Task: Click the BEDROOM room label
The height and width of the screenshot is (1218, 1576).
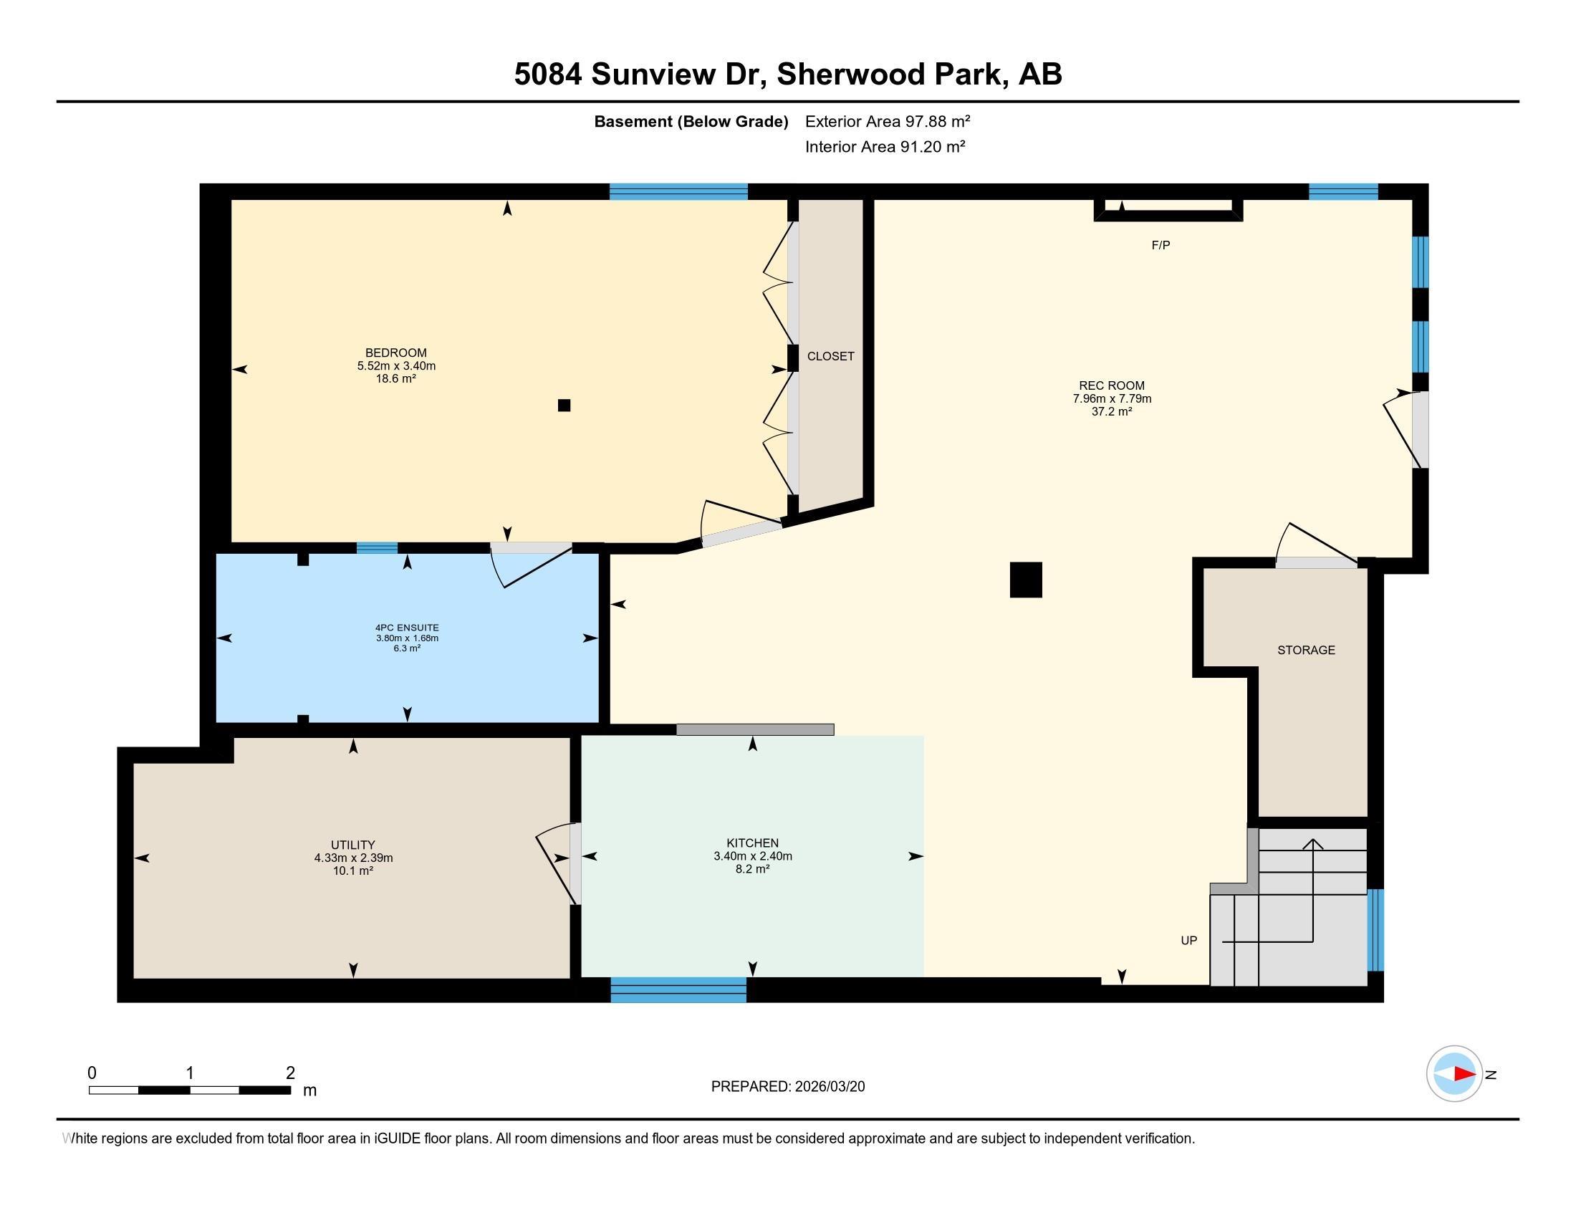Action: click(x=395, y=353)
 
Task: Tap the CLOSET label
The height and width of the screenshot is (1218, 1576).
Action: click(x=830, y=357)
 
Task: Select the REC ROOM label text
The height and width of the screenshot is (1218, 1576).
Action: click(x=1111, y=386)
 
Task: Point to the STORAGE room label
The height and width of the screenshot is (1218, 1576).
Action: click(x=1306, y=650)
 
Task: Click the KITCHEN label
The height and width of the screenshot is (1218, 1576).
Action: click(x=753, y=843)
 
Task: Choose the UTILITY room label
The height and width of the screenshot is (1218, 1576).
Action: click(x=353, y=845)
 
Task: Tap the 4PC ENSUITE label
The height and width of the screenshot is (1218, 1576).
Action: click(x=407, y=628)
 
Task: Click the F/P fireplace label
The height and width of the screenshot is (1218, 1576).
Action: click(x=1161, y=245)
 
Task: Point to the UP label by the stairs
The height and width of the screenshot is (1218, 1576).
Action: click(x=1188, y=940)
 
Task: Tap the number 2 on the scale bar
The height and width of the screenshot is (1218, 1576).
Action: click(x=290, y=1073)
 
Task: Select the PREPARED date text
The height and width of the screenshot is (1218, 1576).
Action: click(x=788, y=1087)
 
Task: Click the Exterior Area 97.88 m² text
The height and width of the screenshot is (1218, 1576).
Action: click(x=888, y=121)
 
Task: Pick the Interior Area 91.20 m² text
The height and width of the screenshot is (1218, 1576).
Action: click(x=885, y=146)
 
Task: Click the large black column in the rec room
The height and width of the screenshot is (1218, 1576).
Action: click(x=1025, y=580)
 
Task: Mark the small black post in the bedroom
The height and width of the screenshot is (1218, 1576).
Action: click(x=564, y=406)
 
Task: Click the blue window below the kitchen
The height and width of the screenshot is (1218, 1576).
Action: click(x=678, y=990)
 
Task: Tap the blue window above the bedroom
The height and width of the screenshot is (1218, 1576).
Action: click(x=678, y=191)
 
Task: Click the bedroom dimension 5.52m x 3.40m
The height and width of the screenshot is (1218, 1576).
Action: click(x=396, y=366)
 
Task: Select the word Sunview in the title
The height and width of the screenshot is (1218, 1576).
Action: click(x=654, y=75)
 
